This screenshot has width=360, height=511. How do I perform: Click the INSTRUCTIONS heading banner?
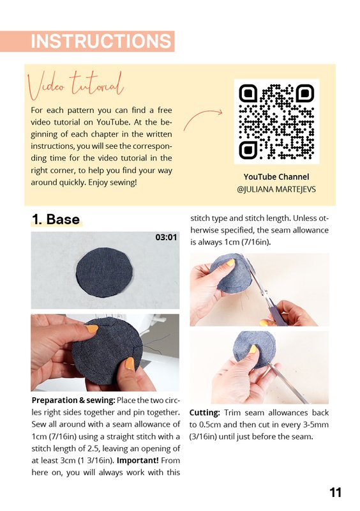point(87,42)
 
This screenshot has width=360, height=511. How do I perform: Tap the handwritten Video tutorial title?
point(75,86)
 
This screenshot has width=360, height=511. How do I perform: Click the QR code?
point(276,121)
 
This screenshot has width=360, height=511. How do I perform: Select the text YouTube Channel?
point(276,177)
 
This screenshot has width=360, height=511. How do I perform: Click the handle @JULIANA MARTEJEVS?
point(276,189)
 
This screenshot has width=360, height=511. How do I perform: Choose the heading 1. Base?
point(56,219)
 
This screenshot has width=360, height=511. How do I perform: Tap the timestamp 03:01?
point(166,237)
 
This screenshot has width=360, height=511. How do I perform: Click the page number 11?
point(335,492)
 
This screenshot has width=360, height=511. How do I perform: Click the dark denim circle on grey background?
point(104,272)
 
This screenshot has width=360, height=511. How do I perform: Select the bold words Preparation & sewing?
point(73,400)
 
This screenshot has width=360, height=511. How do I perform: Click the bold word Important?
point(137,461)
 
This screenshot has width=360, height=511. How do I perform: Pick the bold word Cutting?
point(205,413)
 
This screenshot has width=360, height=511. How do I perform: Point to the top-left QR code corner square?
point(248,93)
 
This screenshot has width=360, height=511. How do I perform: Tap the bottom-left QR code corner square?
point(248,150)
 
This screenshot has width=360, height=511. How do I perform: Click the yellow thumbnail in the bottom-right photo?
point(253,349)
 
